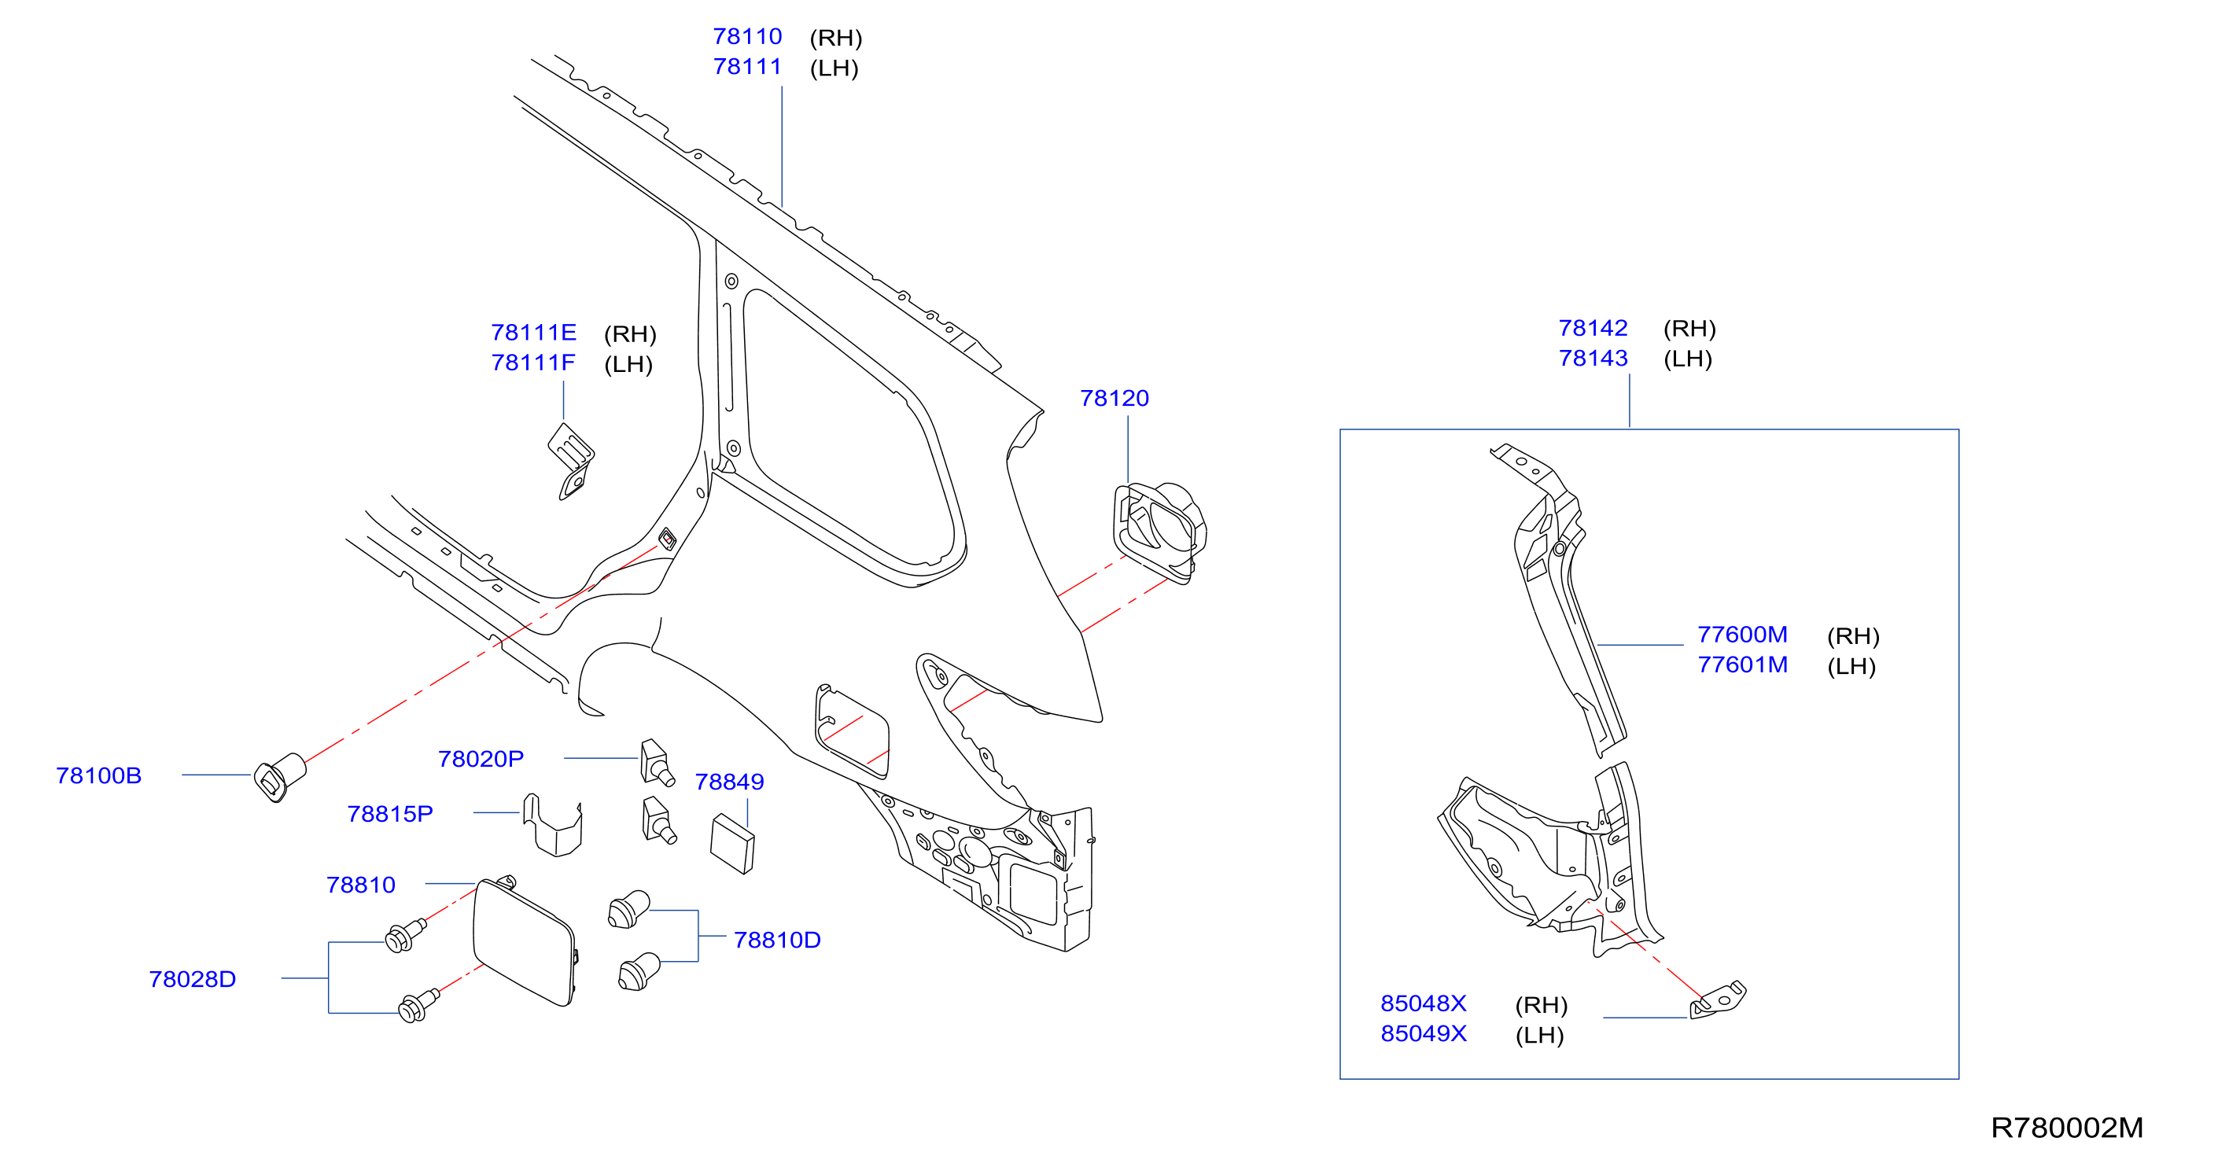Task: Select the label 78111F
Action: point(533,363)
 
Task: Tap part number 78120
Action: point(1114,398)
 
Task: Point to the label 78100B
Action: point(98,775)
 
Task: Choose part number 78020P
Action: point(481,759)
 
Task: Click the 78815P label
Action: point(390,814)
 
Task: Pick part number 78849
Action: point(729,782)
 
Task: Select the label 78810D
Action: point(777,940)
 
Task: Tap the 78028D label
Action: point(192,979)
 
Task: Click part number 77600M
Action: point(1743,634)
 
